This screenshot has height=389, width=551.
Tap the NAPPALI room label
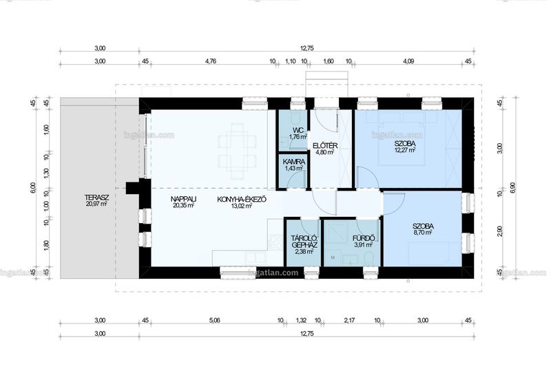tap(183, 199)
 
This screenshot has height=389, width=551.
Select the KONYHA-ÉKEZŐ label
tap(242, 200)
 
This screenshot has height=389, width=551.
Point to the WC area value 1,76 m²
tap(298, 137)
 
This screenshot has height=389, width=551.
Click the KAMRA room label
tap(294, 162)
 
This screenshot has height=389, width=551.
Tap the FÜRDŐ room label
tap(364, 238)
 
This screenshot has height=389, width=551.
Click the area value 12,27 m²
tap(405, 150)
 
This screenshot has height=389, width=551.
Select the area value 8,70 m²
tap(423, 233)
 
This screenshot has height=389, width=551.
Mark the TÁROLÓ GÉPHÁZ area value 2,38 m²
tap(304, 251)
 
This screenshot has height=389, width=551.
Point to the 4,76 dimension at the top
tap(211, 61)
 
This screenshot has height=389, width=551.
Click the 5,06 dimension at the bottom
tap(214, 320)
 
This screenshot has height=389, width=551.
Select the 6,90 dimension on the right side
tap(512, 188)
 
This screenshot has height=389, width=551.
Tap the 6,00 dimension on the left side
tap(33, 188)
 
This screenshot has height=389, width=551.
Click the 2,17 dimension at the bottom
tap(350, 320)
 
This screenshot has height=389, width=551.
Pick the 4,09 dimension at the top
tap(408, 61)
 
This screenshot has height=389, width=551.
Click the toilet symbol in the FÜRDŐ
tap(368, 258)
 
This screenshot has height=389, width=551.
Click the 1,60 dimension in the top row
tap(329, 61)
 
